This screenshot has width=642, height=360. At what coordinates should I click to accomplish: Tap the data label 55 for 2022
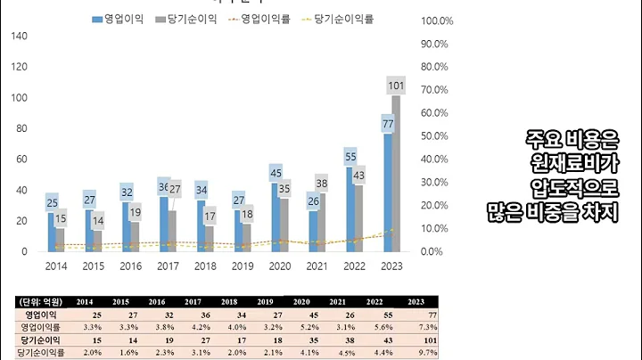(350, 157)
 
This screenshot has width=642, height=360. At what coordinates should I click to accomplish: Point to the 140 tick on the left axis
(19, 37)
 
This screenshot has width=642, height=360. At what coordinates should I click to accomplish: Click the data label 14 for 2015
(97, 220)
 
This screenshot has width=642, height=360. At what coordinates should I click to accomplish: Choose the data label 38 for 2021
(322, 184)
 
